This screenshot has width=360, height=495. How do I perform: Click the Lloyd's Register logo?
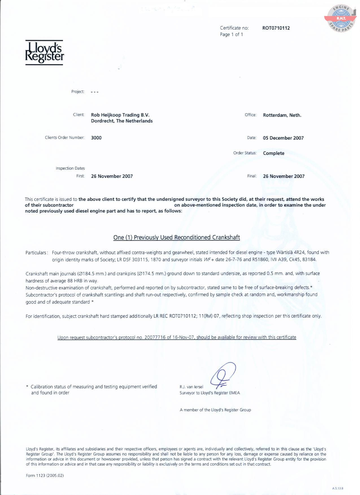[x=44, y=53]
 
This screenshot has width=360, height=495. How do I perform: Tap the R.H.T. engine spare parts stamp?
[x=341, y=18]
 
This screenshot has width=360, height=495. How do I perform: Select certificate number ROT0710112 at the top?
[x=276, y=28]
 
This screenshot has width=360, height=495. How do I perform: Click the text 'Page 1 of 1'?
[x=231, y=34]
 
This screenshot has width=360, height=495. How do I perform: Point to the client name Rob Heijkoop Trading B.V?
[x=120, y=115]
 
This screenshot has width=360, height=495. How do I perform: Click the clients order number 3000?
[x=96, y=138]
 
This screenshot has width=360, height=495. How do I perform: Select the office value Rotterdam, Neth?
[x=282, y=115]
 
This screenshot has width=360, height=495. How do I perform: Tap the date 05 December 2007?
[x=283, y=138]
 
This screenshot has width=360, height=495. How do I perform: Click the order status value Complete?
[x=273, y=153]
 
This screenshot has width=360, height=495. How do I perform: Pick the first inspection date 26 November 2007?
[x=112, y=176]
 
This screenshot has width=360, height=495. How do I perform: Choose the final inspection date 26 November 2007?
[x=283, y=176]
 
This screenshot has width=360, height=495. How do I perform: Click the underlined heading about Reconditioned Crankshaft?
[x=176, y=237]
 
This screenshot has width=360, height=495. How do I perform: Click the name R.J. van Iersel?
[x=191, y=387]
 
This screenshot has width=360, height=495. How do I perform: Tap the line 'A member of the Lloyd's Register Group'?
[x=215, y=410]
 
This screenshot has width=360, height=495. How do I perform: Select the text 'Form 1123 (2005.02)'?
[x=45, y=476]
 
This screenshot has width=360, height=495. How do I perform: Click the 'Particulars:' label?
[x=36, y=253]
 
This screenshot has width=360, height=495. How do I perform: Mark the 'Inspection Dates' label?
[x=70, y=168]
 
